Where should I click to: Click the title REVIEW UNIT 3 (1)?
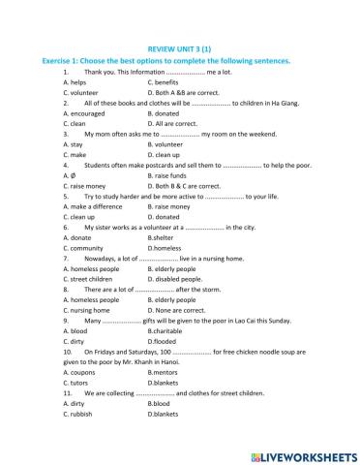click(x=180, y=46)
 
